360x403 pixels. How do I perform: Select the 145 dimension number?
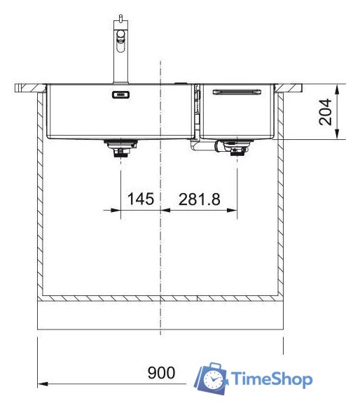tap(140, 199)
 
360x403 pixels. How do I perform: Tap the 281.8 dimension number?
tap(200, 199)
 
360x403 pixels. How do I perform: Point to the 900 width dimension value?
tap(161, 372)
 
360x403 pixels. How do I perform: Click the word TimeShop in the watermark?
tap(272, 379)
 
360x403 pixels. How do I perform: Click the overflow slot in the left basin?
tap(120, 94)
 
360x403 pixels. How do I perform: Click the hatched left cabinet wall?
tap(40, 196)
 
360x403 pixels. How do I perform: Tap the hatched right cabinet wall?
tap(282, 196)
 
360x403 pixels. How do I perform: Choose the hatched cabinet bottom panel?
tap(161, 299)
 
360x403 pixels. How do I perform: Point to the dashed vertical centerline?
tap(162, 245)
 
